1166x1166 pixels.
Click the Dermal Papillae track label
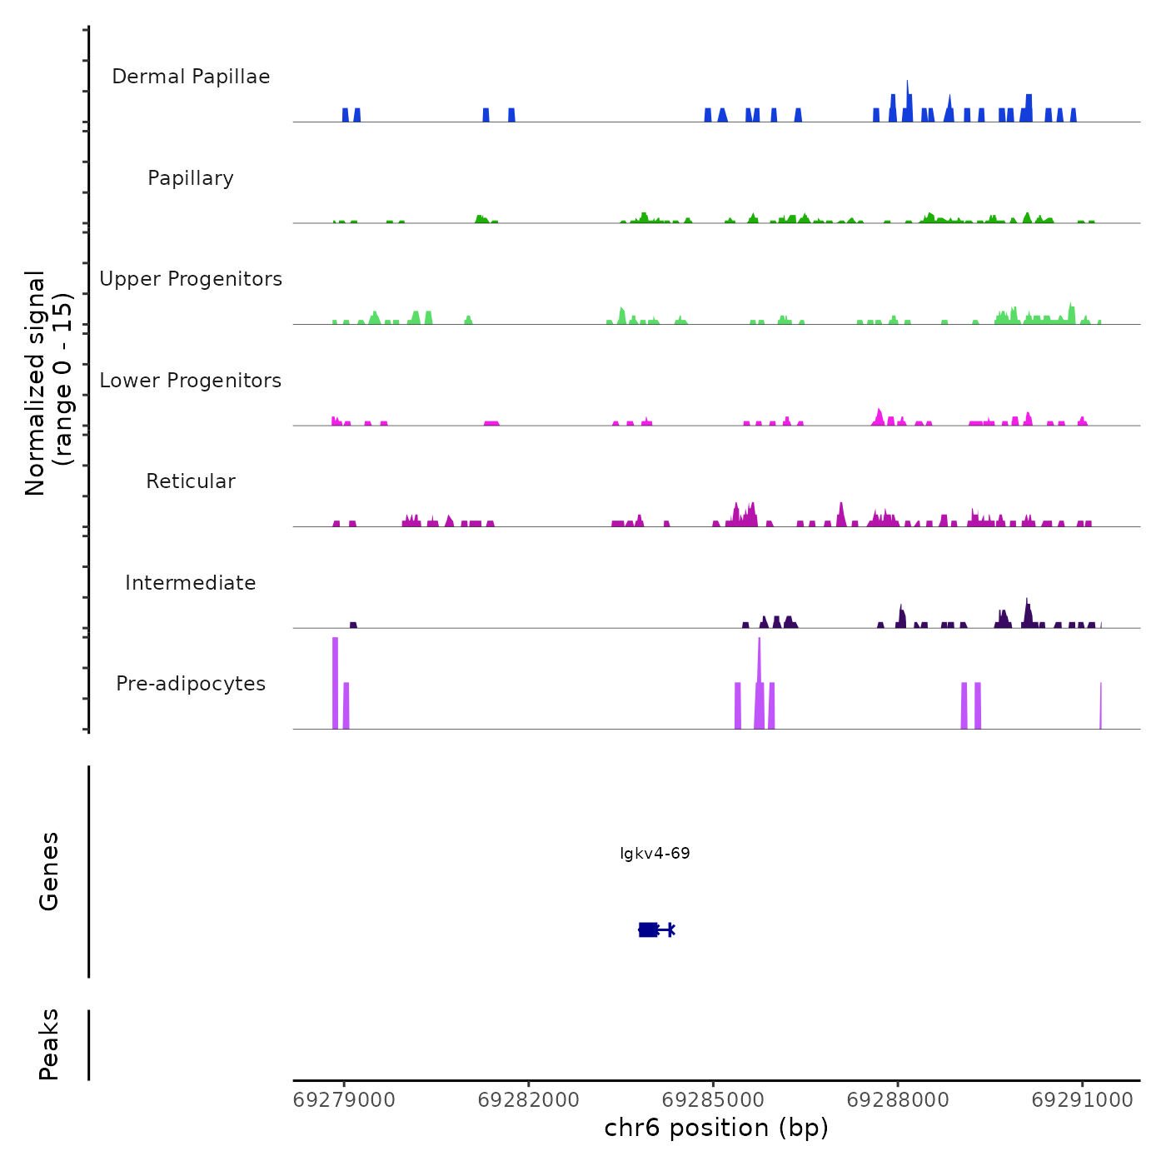pyautogui.click(x=191, y=77)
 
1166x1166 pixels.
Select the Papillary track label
pyautogui.click(x=191, y=178)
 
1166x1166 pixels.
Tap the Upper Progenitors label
pyautogui.click(x=191, y=279)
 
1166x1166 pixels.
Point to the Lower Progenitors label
pyautogui.click(x=191, y=381)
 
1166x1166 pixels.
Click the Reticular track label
pyautogui.click(x=191, y=481)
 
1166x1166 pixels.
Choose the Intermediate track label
pyautogui.click(x=191, y=583)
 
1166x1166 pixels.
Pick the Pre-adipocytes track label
pyautogui.click(x=191, y=684)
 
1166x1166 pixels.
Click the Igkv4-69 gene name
pyautogui.click(x=655, y=854)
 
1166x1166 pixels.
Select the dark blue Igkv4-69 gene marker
pyautogui.click(x=649, y=929)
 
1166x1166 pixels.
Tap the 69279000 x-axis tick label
pyautogui.click(x=344, y=1100)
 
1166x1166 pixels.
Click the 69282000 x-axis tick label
pyautogui.click(x=529, y=1100)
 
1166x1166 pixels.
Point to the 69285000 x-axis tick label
pyautogui.click(x=714, y=1100)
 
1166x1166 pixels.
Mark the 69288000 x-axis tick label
pyautogui.click(x=898, y=1100)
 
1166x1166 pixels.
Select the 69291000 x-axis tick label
pyautogui.click(x=1083, y=1100)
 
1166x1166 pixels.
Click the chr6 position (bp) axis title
pyautogui.click(x=716, y=1129)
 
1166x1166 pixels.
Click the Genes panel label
pyautogui.click(x=49, y=871)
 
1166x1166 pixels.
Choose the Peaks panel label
pyautogui.click(x=49, y=1044)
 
